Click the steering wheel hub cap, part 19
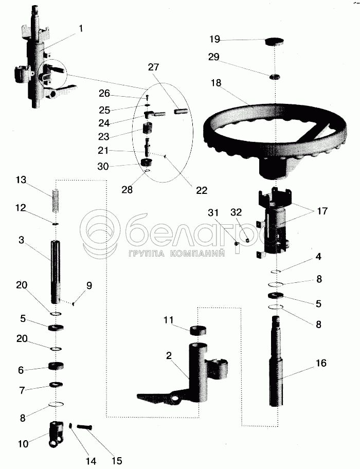(274, 41)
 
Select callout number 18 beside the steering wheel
(215, 83)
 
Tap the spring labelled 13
(56, 201)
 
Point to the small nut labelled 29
(275, 77)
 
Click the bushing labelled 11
(198, 331)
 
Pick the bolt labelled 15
(85, 427)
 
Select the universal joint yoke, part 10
(56, 434)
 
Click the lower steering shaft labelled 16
(277, 362)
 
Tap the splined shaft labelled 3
(56, 272)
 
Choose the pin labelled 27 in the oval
(181, 111)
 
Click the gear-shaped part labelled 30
(147, 164)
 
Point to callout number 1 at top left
(81, 28)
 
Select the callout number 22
(202, 190)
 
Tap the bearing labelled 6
(56, 366)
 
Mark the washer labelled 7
(56, 384)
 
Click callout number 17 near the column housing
(322, 211)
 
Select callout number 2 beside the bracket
(169, 356)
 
